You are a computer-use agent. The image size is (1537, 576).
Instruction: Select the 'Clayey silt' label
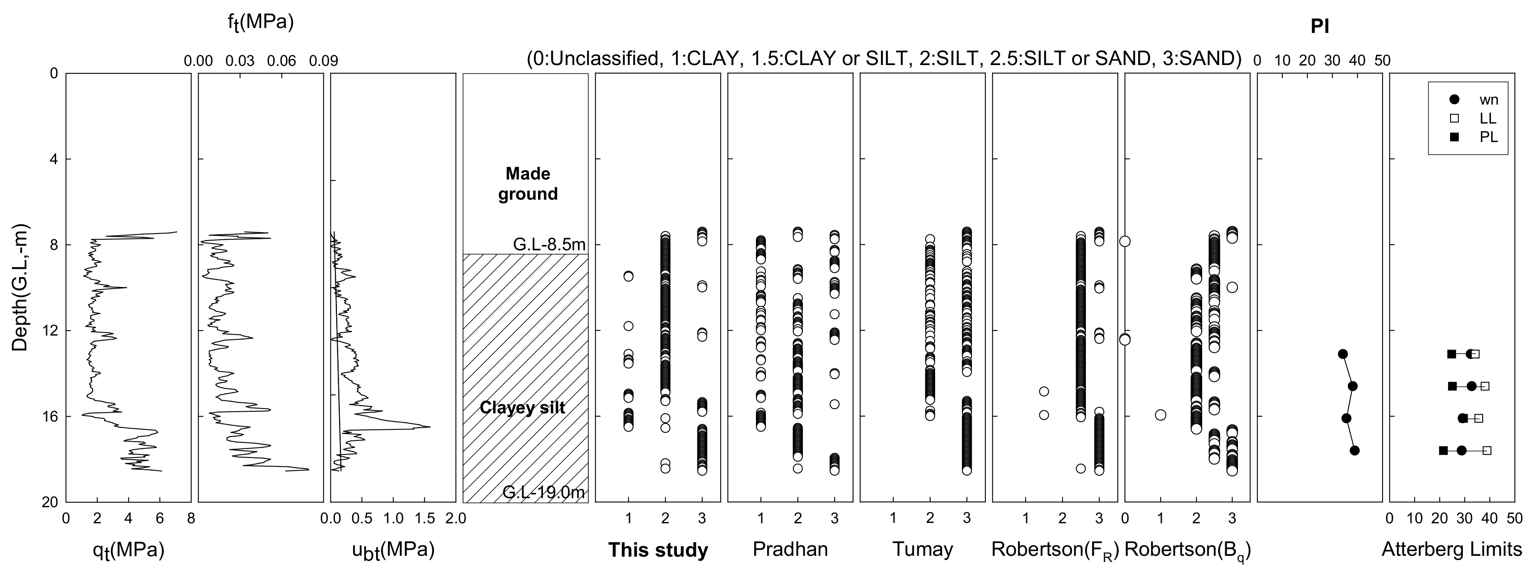[523, 408]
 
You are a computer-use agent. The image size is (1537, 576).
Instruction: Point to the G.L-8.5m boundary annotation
[549, 245]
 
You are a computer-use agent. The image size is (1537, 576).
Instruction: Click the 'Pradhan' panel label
[790, 548]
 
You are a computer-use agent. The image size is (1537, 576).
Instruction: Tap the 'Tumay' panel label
[922, 548]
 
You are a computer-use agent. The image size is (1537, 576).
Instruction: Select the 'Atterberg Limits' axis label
[1452, 548]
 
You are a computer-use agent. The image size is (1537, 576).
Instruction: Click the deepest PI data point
[1355, 450]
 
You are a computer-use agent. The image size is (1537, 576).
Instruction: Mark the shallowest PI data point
[1343, 354]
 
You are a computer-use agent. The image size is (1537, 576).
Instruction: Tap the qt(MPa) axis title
[128, 550]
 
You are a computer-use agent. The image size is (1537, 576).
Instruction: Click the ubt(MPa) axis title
[393, 550]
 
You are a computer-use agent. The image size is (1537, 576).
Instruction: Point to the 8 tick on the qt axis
[190, 519]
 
